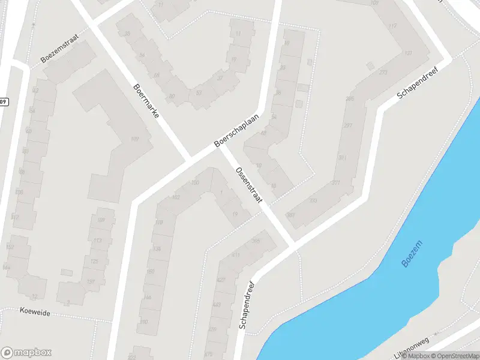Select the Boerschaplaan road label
click(238, 130)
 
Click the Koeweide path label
click(35, 313)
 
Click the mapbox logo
click(26, 353)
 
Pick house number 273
click(383, 73)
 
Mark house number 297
click(347, 125)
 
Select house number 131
click(91, 282)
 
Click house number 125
click(94, 261)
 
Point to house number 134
click(157, 248)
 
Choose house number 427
click(221, 280)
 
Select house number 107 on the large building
click(134, 139)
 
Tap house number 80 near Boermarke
click(172, 96)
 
